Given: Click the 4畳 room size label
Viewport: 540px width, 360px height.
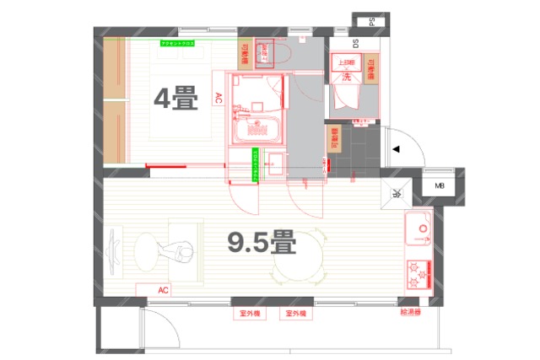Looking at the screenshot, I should (175, 99).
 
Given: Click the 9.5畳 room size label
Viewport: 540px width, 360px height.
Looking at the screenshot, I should (262, 244).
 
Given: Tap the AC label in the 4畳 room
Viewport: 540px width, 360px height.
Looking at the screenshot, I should (218, 98).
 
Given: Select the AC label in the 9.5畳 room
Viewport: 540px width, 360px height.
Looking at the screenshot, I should (164, 289).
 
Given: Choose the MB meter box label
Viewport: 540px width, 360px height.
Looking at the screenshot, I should (440, 186).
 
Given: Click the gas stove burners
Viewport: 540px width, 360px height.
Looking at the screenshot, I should (418, 275).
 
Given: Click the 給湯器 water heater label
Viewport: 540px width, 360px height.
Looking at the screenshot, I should (411, 312).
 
